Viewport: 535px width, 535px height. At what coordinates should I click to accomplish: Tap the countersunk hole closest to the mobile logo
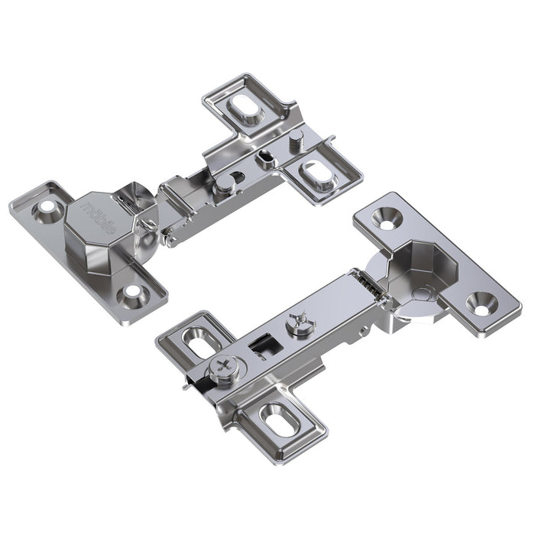coord(50,206)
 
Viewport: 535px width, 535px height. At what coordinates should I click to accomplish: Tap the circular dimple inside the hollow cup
coord(421,293)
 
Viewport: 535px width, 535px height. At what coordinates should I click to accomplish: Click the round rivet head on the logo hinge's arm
coord(222,183)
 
